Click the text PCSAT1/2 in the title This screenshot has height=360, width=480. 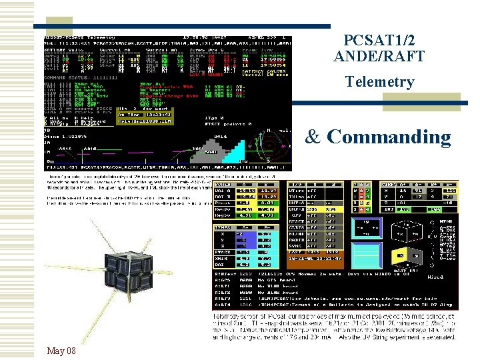coord(379,40)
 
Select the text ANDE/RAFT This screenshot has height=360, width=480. coord(379,57)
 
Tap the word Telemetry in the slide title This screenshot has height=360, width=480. coord(379,82)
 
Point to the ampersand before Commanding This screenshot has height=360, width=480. coord(314,137)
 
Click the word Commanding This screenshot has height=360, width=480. coord(389,137)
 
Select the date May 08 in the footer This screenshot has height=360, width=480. coord(61,351)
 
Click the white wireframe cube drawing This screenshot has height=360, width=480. coord(385,230)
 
